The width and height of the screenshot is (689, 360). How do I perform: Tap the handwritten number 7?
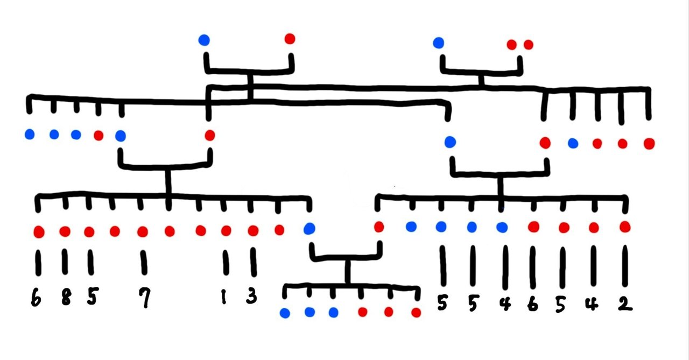coord(144,298)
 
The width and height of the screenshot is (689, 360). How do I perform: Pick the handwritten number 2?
coord(624,304)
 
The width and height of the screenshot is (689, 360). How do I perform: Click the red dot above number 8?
coord(65,231)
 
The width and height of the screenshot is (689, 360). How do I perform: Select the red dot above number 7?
coord(143,231)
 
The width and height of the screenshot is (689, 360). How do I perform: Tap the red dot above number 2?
coord(625,227)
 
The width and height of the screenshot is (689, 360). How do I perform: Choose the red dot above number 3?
coord(253,231)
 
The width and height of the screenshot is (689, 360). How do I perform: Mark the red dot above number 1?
coord(226,231)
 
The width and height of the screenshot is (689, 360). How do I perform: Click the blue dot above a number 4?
coord(502,227)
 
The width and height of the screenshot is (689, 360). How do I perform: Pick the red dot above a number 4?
coord(594,228)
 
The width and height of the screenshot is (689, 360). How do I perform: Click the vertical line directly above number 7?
coord(144,263)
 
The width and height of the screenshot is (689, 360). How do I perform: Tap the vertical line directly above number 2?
coord(625,266)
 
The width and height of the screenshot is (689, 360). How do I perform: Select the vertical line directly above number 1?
coord(226,263)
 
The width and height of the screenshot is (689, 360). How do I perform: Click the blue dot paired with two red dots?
coord(439,43)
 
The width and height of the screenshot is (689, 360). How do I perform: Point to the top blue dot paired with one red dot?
coord(203,40)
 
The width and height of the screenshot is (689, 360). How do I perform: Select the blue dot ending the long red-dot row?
coord(309,229)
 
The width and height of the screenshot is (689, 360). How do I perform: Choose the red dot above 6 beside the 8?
coord(38,232)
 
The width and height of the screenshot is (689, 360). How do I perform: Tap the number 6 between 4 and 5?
coord(533,305)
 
